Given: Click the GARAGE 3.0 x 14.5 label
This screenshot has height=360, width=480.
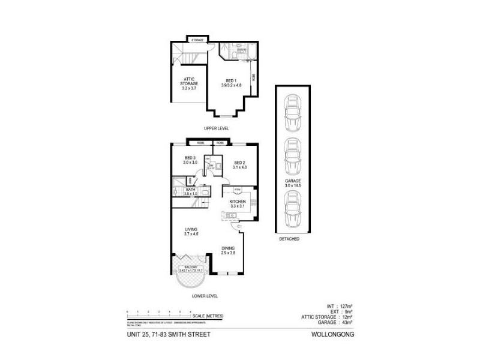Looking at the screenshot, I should coord(293,183).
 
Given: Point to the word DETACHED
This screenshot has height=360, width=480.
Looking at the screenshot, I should coord(289,239).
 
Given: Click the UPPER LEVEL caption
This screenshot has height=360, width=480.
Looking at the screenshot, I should coord(216,129).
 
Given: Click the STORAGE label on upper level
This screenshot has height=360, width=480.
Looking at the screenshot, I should coord(197,40).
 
